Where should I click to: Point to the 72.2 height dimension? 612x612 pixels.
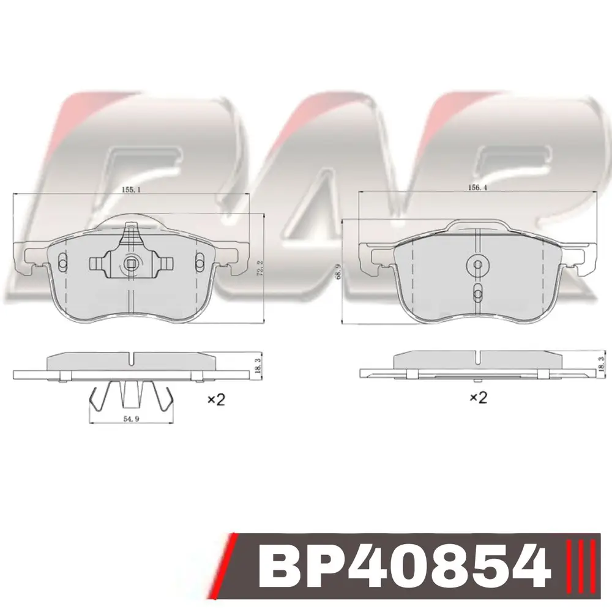(x=261, y=269)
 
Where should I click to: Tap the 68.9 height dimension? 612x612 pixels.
(x=339, y=271)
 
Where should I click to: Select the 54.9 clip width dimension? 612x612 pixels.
(x=132, y=419)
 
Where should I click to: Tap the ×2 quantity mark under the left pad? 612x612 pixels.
(x=216, y=399)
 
